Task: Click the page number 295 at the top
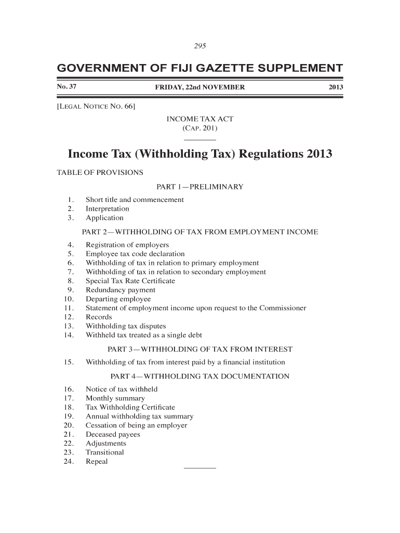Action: pyautogui.click(x=200, y=46)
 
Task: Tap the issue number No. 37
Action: pyautogui.click(x=66, y=87)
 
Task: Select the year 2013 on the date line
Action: pyautogui.click(x=336, y=87)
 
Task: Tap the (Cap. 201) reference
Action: pyautogui.click(x=200, y=128)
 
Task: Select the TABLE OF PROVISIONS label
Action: pyautogui.click(x=99, y=172)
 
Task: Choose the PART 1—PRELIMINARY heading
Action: pyautogui.click(x=200, y=187)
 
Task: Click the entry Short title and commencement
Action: pyautogui.click(x=135, y=200)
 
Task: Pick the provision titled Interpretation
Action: pyautogui.click(x=107, y=209)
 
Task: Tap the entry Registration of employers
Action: pyautogui.click(x=127, y=245)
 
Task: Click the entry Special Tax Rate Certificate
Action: pyautogui.click(x=130, y=281)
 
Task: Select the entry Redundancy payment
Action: pyautogui.click(x=120, y=290)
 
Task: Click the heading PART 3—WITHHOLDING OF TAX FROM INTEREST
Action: pyautogui.click(x=200, y=349)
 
